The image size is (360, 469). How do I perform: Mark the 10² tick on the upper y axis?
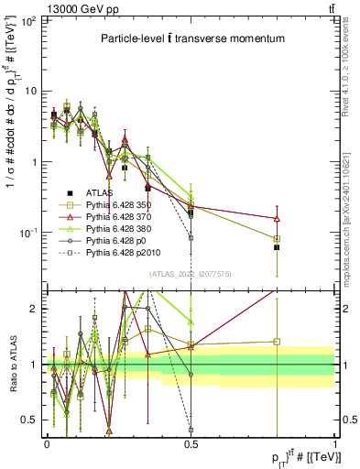27,20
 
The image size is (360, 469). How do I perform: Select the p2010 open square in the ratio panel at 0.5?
191,429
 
